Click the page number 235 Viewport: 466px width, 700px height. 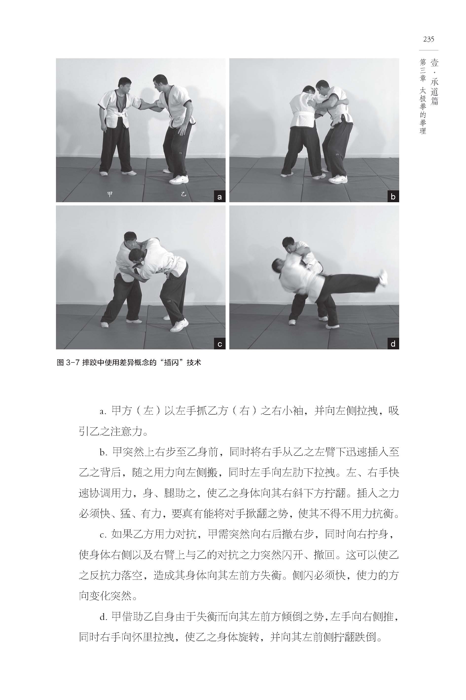pos(429,39)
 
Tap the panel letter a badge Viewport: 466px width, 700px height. pos(220,197)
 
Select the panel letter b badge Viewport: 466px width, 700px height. pos(393,197)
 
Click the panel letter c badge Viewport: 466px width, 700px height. pos(220,344)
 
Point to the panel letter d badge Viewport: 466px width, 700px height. pos(393,344)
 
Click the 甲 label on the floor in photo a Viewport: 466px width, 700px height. pos(110,194)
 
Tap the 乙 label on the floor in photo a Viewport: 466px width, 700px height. pos(183,194)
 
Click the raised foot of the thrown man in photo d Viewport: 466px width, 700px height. pos(383,277)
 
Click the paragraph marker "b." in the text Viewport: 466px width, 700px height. pos(103,452)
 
